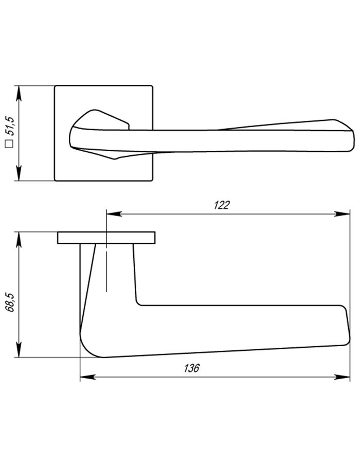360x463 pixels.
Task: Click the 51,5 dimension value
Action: [10, 126]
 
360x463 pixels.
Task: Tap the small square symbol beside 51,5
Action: [10, 144]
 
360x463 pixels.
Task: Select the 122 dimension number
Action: [222, 205]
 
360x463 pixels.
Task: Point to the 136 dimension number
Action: [192, 368]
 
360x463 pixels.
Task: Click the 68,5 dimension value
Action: [10, 302]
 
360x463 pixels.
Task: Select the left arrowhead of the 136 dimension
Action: [88, 377]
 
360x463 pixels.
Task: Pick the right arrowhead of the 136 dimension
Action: [342, 377]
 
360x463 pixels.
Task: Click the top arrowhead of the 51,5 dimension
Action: [19, 93]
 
